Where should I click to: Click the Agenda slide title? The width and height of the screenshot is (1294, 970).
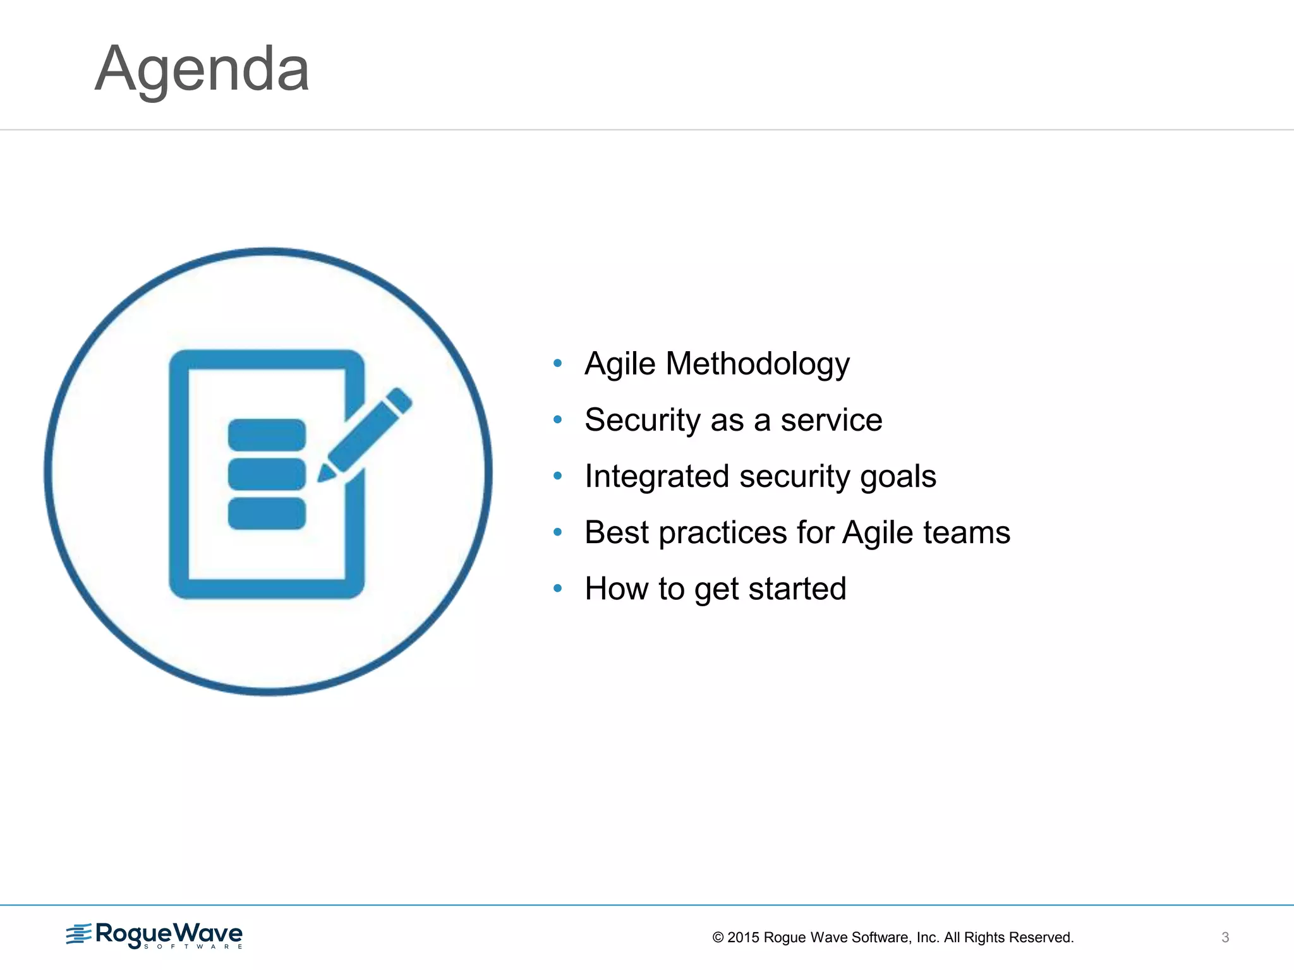202,69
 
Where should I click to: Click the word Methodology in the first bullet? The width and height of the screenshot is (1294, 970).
758,364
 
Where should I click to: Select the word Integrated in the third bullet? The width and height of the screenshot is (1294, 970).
656,477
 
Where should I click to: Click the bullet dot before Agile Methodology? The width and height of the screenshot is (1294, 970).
557,363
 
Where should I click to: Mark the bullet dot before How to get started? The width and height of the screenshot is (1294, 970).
557,589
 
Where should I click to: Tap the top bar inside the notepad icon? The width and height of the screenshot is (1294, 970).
267,435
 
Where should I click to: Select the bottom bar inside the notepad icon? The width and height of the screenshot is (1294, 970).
267,513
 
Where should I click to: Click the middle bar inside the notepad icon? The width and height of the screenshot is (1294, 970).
267,474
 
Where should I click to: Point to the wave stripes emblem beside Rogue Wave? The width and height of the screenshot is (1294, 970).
79,934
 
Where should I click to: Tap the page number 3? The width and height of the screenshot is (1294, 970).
1225,938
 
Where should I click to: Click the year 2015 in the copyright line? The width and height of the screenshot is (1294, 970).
743,938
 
